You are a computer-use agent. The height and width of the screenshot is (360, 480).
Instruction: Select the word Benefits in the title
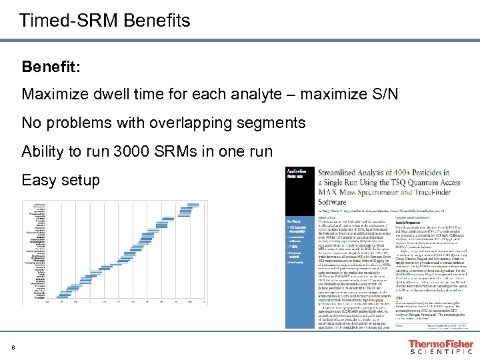click(157, 21)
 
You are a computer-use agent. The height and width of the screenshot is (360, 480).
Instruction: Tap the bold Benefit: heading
click(51, 67)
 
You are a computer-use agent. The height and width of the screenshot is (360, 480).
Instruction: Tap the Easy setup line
click(61, 180)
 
